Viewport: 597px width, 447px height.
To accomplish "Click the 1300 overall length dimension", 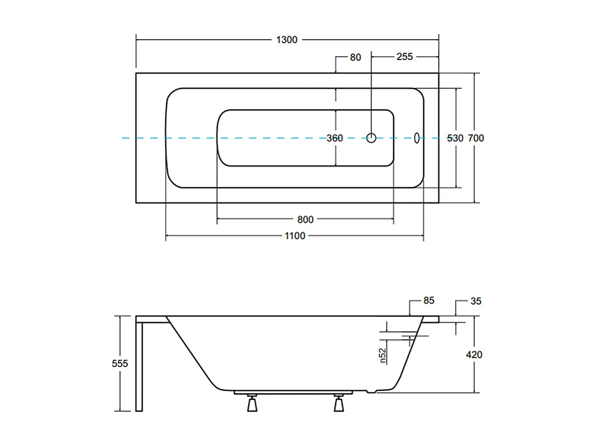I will pyautogui.click(x=287, y=40).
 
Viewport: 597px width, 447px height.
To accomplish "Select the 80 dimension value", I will pyautogui.click(x=356, y=57).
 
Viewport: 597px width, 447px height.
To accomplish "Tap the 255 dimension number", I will pyautogui.click(x=404, y=57).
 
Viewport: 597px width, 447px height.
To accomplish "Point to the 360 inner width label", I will pyautogui.click(x=335, y=138).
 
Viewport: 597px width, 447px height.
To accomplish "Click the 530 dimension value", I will pyautogui.click(x=455, y=138).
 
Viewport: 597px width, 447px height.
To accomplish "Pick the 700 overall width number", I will pyautogui.click(x=476, y=138).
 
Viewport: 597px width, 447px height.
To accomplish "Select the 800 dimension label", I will pyautogui.click(x=305, y=219).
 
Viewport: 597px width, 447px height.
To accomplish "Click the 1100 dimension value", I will pyautogui.click(x=294, y=236).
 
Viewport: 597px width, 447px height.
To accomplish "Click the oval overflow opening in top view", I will pyautogui.click(x=416, y=138).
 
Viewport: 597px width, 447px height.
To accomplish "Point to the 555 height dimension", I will pyautogui.click(x=120, y=363).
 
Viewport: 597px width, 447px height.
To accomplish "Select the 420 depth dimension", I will pyautogui.click(x=474, y=355).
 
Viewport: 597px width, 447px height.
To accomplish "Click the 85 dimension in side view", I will pyautogui.click(x=428, y=301).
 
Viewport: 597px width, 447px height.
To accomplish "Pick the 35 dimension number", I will pyautogui.click(x=475, y=301).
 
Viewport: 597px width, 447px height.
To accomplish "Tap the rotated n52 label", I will pyautogui.click(x=384, y=355).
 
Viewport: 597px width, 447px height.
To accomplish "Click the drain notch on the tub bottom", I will pyautogui.click(x=370, y=391).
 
